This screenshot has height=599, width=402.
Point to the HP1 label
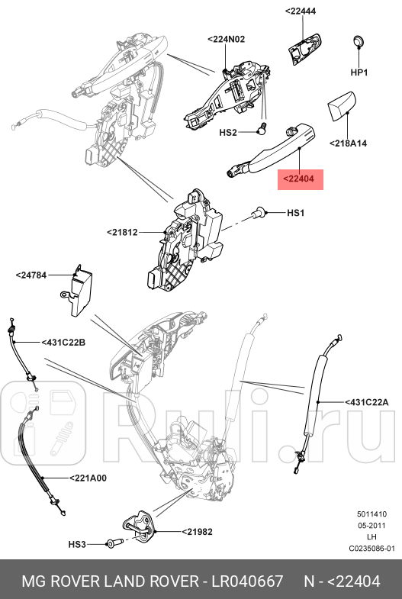(359, 72)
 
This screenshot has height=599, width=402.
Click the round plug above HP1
(359, 41)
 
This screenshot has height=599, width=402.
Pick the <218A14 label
(348, 143)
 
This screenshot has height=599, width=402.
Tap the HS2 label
(229, 132)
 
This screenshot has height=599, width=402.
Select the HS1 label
(295, 213)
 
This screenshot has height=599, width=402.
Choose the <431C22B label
(63, 343)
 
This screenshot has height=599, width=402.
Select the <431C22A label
(367, 401)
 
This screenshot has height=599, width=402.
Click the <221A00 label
(88, 478)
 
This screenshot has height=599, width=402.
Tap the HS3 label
(78, 544)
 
